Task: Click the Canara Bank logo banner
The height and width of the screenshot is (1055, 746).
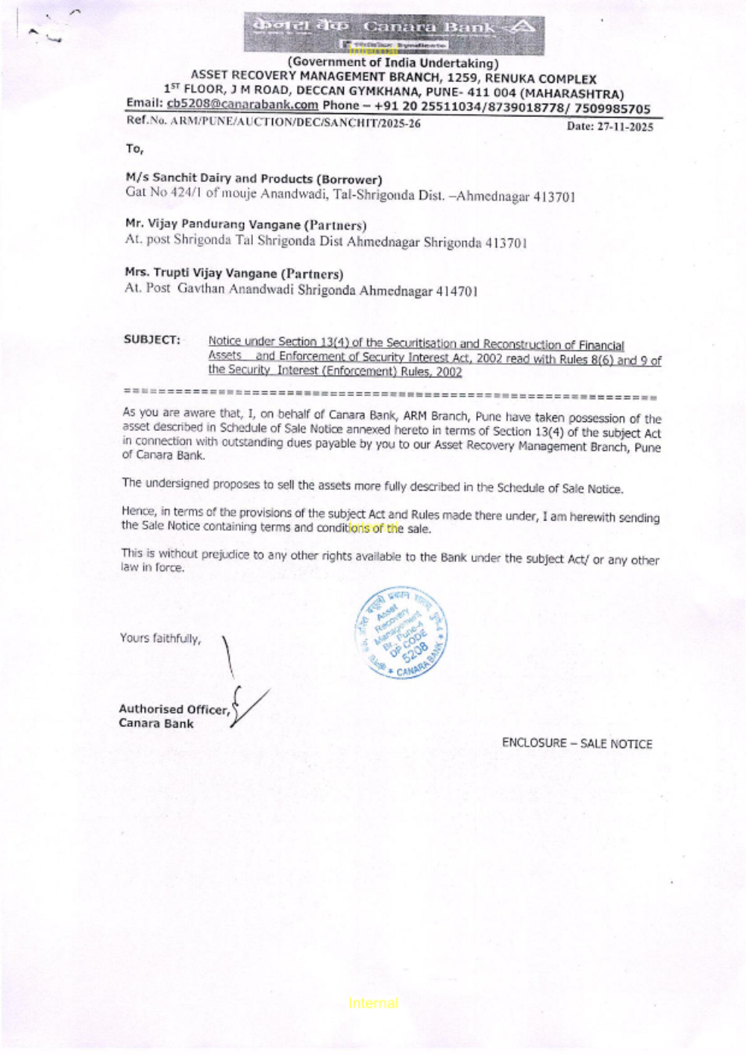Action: click(393, 34)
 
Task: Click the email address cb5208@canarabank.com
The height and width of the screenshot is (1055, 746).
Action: click(242, 105)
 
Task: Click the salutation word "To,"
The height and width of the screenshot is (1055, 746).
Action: click(134, 149)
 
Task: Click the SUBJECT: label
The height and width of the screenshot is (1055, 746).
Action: click(152, 339)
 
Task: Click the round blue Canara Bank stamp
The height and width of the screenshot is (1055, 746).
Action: click(401, 632)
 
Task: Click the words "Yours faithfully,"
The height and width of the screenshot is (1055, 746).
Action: click(160, 638)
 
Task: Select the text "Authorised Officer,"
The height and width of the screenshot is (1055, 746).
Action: click(175, 709)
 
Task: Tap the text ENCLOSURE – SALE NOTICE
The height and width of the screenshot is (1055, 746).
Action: click(577, 743)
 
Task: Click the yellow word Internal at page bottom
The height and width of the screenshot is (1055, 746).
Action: click(373, 1003)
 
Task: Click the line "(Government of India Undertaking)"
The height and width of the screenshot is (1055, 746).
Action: click(393, 63)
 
